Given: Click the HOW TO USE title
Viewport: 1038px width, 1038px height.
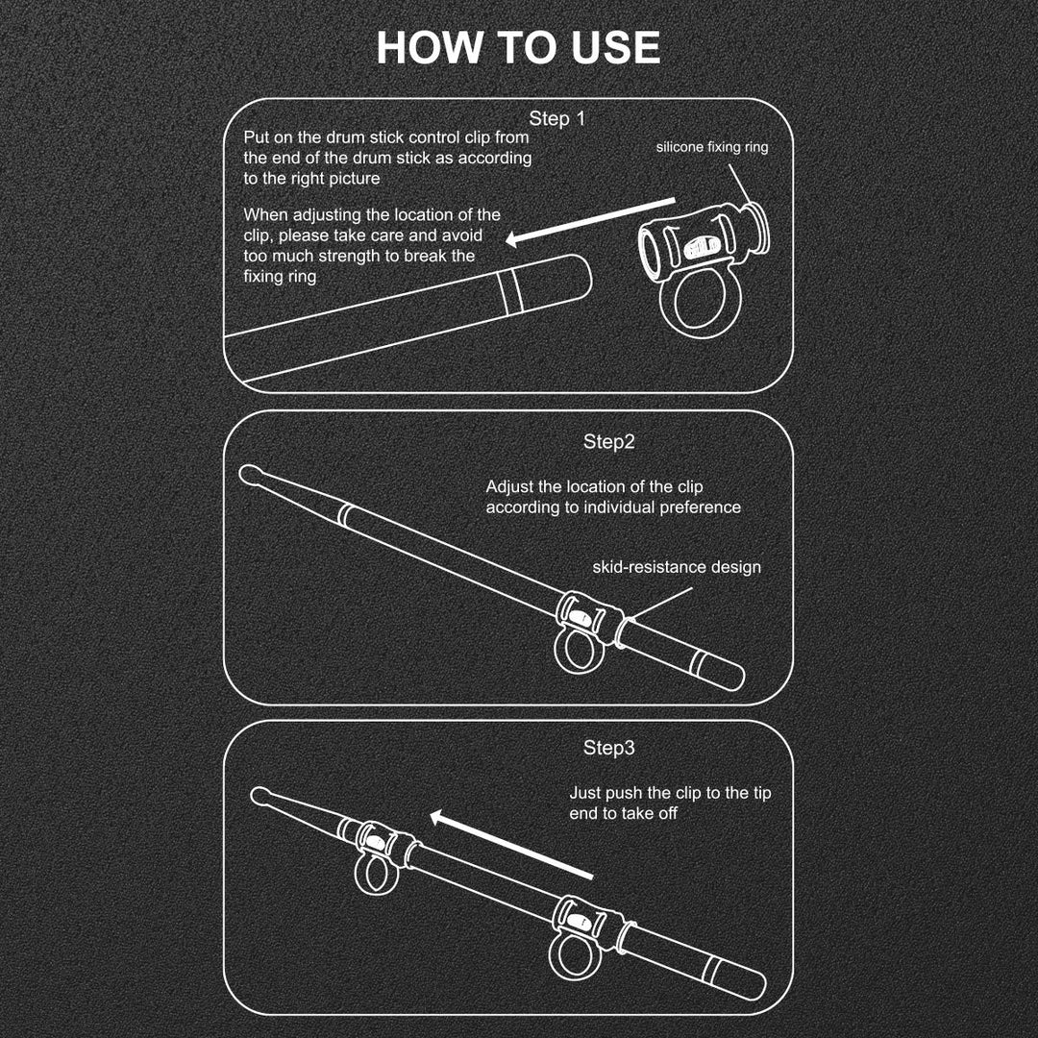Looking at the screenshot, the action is [518, 48].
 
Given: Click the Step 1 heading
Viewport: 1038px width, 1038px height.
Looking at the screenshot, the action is [557, 118].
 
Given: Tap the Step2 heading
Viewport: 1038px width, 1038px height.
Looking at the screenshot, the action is [608, 441].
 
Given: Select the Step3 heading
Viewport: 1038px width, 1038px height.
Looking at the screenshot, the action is [608, 748].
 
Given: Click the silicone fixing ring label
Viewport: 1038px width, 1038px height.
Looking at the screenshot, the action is [712, 147].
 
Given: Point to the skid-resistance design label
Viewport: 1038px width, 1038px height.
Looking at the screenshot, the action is [677, 567].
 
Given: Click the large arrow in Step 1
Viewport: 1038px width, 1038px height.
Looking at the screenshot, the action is [590, 221].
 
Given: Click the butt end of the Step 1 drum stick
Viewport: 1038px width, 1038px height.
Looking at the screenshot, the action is [581, 276].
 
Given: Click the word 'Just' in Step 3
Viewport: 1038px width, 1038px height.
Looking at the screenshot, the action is [584, 792].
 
